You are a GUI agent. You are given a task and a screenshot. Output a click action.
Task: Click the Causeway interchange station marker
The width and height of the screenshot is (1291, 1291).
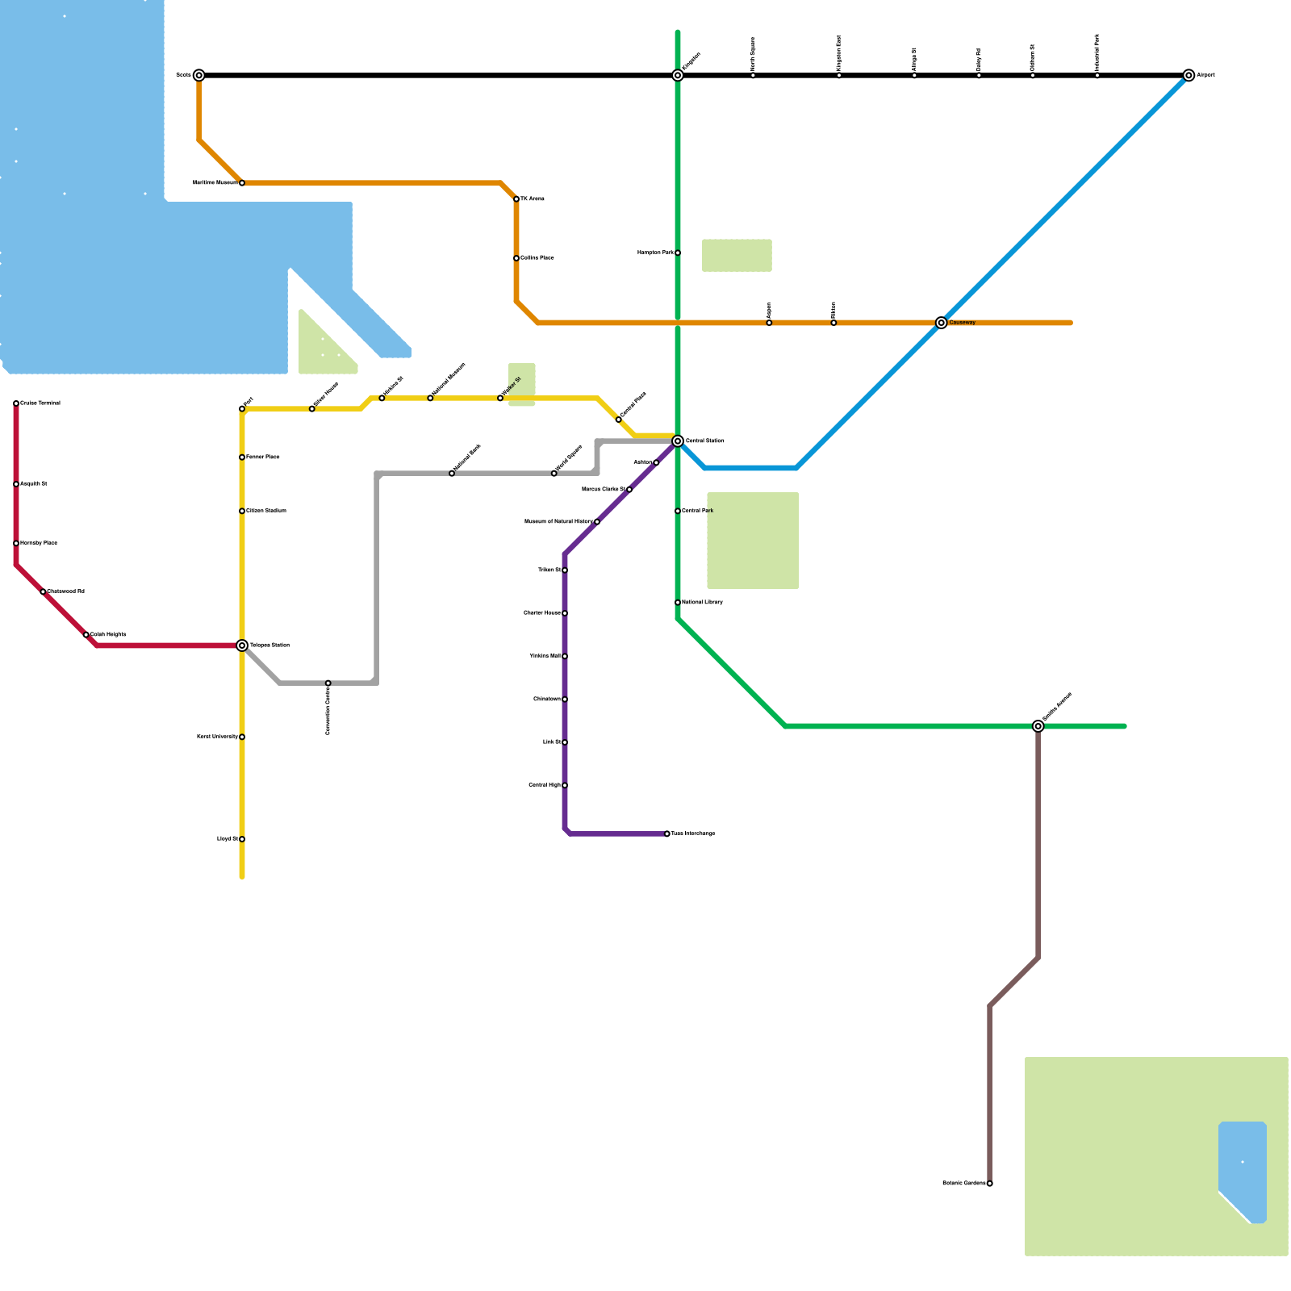941,323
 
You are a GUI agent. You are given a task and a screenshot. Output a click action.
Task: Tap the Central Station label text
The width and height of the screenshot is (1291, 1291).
704,441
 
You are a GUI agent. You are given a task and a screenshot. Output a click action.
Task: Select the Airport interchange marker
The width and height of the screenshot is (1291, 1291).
1189,76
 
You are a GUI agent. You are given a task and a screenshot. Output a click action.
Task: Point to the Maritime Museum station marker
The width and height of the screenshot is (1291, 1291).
242,183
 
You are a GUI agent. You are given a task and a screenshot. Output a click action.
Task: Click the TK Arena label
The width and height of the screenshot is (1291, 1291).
533,199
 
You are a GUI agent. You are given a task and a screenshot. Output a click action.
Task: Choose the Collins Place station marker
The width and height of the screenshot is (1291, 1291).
516,258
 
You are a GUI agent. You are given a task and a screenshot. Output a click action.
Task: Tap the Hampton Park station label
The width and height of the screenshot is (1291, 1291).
655,253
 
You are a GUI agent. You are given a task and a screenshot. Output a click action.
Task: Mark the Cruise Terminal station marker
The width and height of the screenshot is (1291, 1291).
16,403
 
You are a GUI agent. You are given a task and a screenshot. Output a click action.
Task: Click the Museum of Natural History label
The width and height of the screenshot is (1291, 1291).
558,522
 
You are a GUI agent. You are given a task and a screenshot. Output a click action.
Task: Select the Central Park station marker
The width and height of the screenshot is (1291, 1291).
678,511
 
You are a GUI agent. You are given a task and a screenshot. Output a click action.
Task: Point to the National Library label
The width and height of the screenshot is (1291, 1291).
702,603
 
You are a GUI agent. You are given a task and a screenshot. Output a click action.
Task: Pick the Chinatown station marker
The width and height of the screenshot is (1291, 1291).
565,700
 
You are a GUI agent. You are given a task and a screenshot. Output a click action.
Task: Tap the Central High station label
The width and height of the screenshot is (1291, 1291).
545,785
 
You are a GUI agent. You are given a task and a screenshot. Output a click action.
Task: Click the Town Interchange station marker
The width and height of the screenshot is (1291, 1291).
667,834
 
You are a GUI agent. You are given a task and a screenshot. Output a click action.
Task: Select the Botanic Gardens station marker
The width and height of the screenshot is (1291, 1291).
990,1184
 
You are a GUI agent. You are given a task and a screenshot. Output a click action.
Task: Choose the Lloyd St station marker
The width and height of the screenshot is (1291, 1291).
242,839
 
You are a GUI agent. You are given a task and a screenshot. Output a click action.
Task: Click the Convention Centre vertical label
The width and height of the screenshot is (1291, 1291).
328,712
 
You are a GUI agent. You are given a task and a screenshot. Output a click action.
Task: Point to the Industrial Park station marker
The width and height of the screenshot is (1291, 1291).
1097,76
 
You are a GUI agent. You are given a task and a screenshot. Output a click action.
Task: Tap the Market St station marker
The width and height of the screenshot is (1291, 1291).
500,399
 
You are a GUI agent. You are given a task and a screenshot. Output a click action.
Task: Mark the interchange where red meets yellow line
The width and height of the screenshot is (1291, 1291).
242,645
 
